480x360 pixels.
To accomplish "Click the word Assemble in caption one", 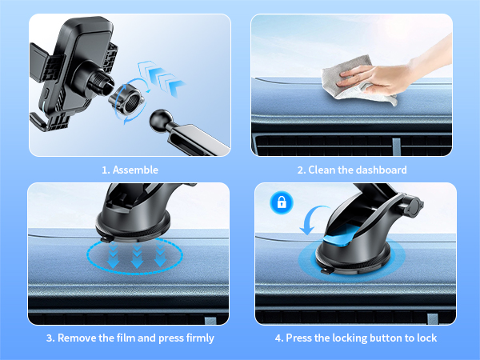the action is pos(135,170).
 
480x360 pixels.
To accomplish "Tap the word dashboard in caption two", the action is pos(382,170).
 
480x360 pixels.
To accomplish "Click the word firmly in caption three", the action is pos(200,338).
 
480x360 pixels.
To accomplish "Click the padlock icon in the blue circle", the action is pos(282,202).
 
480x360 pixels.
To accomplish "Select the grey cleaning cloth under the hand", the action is pos(355,82).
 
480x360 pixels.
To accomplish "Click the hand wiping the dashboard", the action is pos(395,74).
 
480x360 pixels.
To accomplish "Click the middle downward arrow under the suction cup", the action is pos(137,257).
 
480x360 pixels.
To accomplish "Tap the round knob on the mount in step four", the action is pos(414,206).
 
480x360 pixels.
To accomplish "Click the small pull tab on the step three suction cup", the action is pos(106,238).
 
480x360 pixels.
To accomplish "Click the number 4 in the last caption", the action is pos(278,338).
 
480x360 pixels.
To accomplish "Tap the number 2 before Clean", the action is pos(300,170).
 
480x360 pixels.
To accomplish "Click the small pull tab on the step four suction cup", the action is pos(327,271).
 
